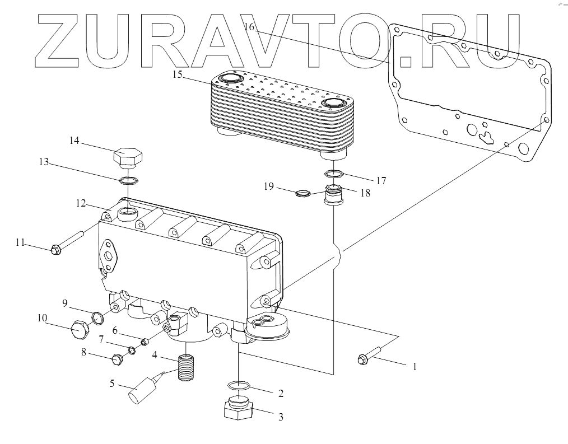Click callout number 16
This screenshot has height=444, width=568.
250,27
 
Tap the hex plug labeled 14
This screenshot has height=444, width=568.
128,156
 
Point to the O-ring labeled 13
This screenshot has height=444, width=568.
128,180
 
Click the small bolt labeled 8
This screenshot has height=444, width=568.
118,359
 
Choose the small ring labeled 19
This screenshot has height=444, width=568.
302,194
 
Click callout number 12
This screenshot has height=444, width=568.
81,203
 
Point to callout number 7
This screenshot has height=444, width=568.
101,339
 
